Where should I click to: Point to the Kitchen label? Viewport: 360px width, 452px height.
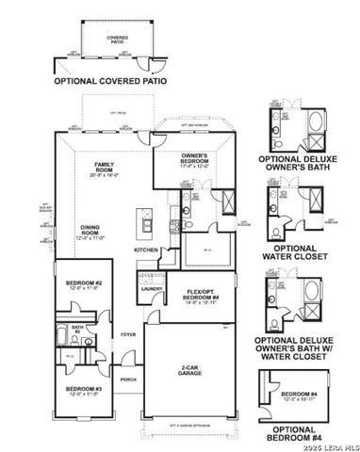(145, 250)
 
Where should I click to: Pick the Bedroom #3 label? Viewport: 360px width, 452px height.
(83, 389)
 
